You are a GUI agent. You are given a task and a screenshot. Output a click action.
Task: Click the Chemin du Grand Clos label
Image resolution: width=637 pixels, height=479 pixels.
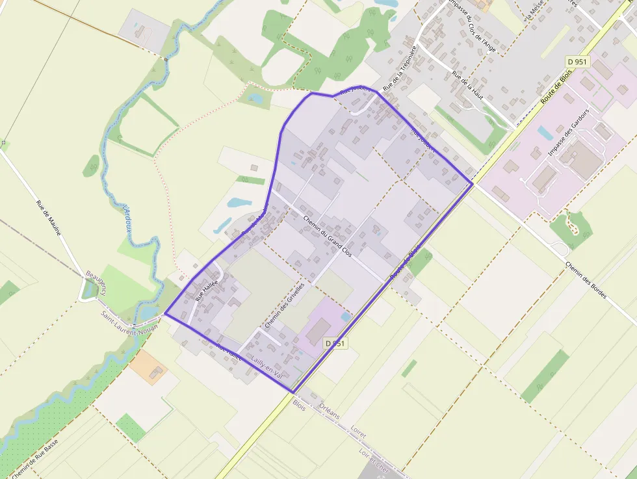click(x=328, y=235)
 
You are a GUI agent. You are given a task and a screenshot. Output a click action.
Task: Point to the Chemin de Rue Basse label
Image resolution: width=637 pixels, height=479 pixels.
click(x=34, y=458)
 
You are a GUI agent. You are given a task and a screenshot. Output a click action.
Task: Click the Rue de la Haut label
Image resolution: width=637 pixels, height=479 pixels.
click(x=468, y=85)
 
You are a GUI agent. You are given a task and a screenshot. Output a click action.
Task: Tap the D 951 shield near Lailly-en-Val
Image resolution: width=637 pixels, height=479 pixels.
click(x=336, y=343)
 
